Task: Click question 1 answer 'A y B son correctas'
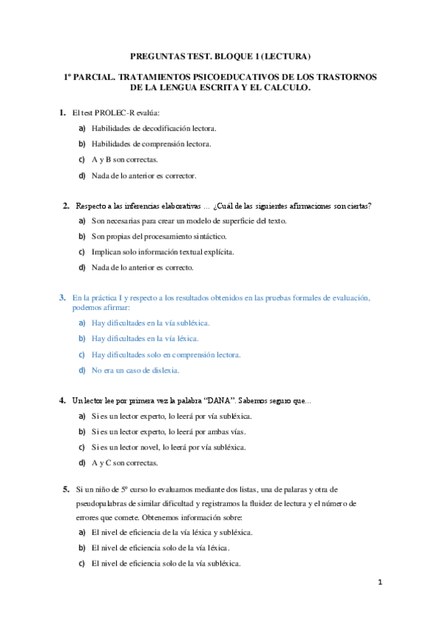(124, 159)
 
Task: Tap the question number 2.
(65, 205)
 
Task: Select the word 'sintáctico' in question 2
(210, 236)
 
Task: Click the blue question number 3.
(62, 298)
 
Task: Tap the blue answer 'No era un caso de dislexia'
(135, 370)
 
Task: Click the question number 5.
(66, 489)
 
